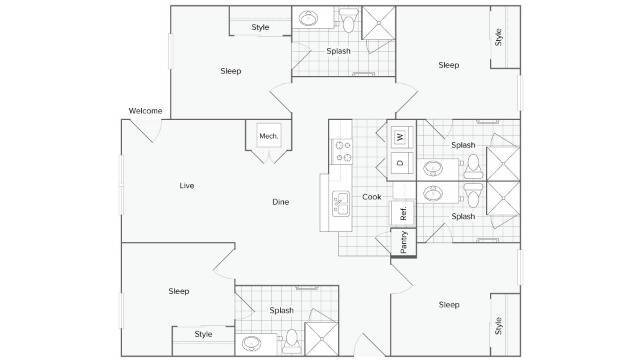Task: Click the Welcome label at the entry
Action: (146, 110)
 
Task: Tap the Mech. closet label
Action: (268, 136)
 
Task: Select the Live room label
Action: (186, 185)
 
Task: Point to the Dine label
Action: (281, 202)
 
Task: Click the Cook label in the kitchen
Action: (371, 197)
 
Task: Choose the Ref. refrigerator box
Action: (402, 212)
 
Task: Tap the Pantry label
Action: (403, 242)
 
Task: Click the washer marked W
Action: (400, 136)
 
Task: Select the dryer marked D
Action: (400, 162)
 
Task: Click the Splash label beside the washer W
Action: (462, 145)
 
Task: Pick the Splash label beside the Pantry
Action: (462, 216)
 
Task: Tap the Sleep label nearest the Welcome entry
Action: (231, 71)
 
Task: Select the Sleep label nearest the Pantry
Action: (448, 304)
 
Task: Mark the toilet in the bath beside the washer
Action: (474, 164)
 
